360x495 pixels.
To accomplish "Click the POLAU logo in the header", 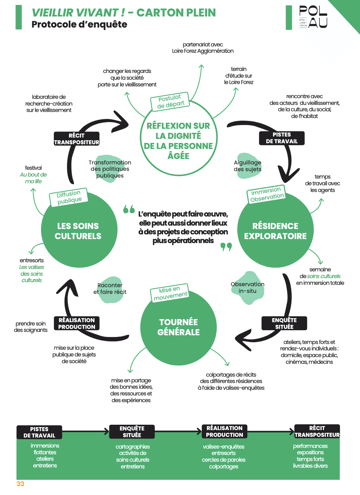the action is coord(313,17).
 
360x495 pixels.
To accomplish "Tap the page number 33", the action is coord(20,484).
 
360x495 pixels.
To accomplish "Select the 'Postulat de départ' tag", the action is coord(170,102).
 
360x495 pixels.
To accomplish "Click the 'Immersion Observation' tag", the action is coord(266,194).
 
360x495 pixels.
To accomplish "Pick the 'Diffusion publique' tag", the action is coord(69,197).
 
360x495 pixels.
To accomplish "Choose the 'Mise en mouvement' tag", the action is coord(170,293).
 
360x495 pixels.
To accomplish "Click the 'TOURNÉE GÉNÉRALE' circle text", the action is coord(178,327).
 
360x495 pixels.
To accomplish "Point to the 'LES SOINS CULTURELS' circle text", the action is coord(78,231).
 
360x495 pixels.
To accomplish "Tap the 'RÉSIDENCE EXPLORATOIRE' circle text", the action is coord(275,231).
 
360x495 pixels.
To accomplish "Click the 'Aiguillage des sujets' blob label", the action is coord(247,166).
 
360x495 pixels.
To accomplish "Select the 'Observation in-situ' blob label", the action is coord(247,288).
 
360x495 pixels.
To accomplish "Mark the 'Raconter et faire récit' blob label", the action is coord(110,289).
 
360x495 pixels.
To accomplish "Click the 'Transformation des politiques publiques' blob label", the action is coord(110,169).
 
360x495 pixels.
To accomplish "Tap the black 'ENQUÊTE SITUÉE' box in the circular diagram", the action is coord(284,323).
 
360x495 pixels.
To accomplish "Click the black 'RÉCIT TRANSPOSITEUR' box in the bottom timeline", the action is coord(317,431).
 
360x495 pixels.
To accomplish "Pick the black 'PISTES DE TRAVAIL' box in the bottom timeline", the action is coord(39,432).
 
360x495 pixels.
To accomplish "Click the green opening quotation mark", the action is coord(129,209).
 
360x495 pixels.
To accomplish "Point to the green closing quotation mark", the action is coord(226,247).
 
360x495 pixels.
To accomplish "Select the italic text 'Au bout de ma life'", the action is coord(33,178).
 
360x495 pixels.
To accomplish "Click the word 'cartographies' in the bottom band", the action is coord(133,447).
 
